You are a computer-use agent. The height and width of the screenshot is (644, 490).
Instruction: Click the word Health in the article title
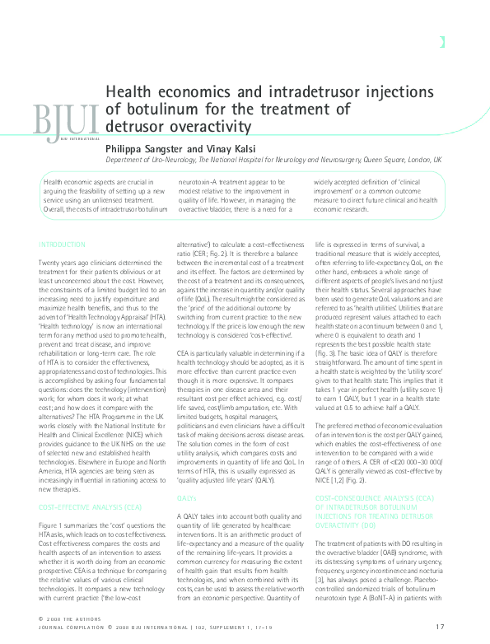pos(132,95)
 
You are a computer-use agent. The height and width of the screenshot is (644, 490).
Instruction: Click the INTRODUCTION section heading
pos(62,245)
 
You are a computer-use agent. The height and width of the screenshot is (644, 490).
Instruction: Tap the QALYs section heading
pos(186,476)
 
